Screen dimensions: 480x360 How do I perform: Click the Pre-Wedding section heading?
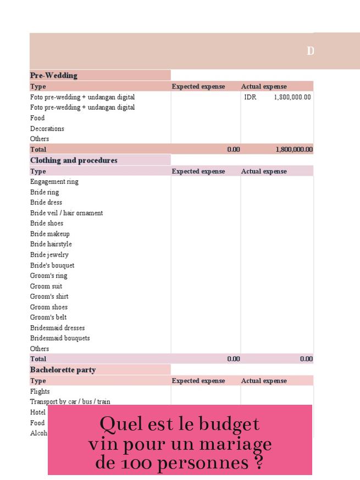[x=53, y=75]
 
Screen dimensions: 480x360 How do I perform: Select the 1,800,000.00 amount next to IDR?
[x=292, y=97]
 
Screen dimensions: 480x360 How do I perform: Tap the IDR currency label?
[x=250, y=97]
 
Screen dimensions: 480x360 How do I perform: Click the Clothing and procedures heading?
[x=74, y=160]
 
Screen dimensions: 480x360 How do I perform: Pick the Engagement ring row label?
[x=54, y=182]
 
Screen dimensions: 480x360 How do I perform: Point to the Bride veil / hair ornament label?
[x=66, y=213]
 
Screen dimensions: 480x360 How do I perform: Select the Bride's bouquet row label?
[x=52, y=265]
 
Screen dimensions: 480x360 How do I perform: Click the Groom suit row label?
[x=46, y=286]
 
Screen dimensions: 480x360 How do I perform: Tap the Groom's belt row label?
[x=48, y=317]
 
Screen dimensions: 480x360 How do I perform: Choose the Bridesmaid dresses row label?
[x=57, y=328]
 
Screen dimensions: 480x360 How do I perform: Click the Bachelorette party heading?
[x=63, y=370]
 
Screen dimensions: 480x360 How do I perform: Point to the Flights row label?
[x=40, y=392]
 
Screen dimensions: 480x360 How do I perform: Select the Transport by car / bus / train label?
[x=70, y=402]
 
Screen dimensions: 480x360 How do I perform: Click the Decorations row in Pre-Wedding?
[x=47, y=129]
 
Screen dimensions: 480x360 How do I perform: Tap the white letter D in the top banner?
[x=311, y=51]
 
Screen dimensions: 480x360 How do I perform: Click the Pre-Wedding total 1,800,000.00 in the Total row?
[x=293, y=149]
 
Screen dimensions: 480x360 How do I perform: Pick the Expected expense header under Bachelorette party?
[x=198, y=381]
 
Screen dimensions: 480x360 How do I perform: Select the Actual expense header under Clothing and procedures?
[x=264, y=171]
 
